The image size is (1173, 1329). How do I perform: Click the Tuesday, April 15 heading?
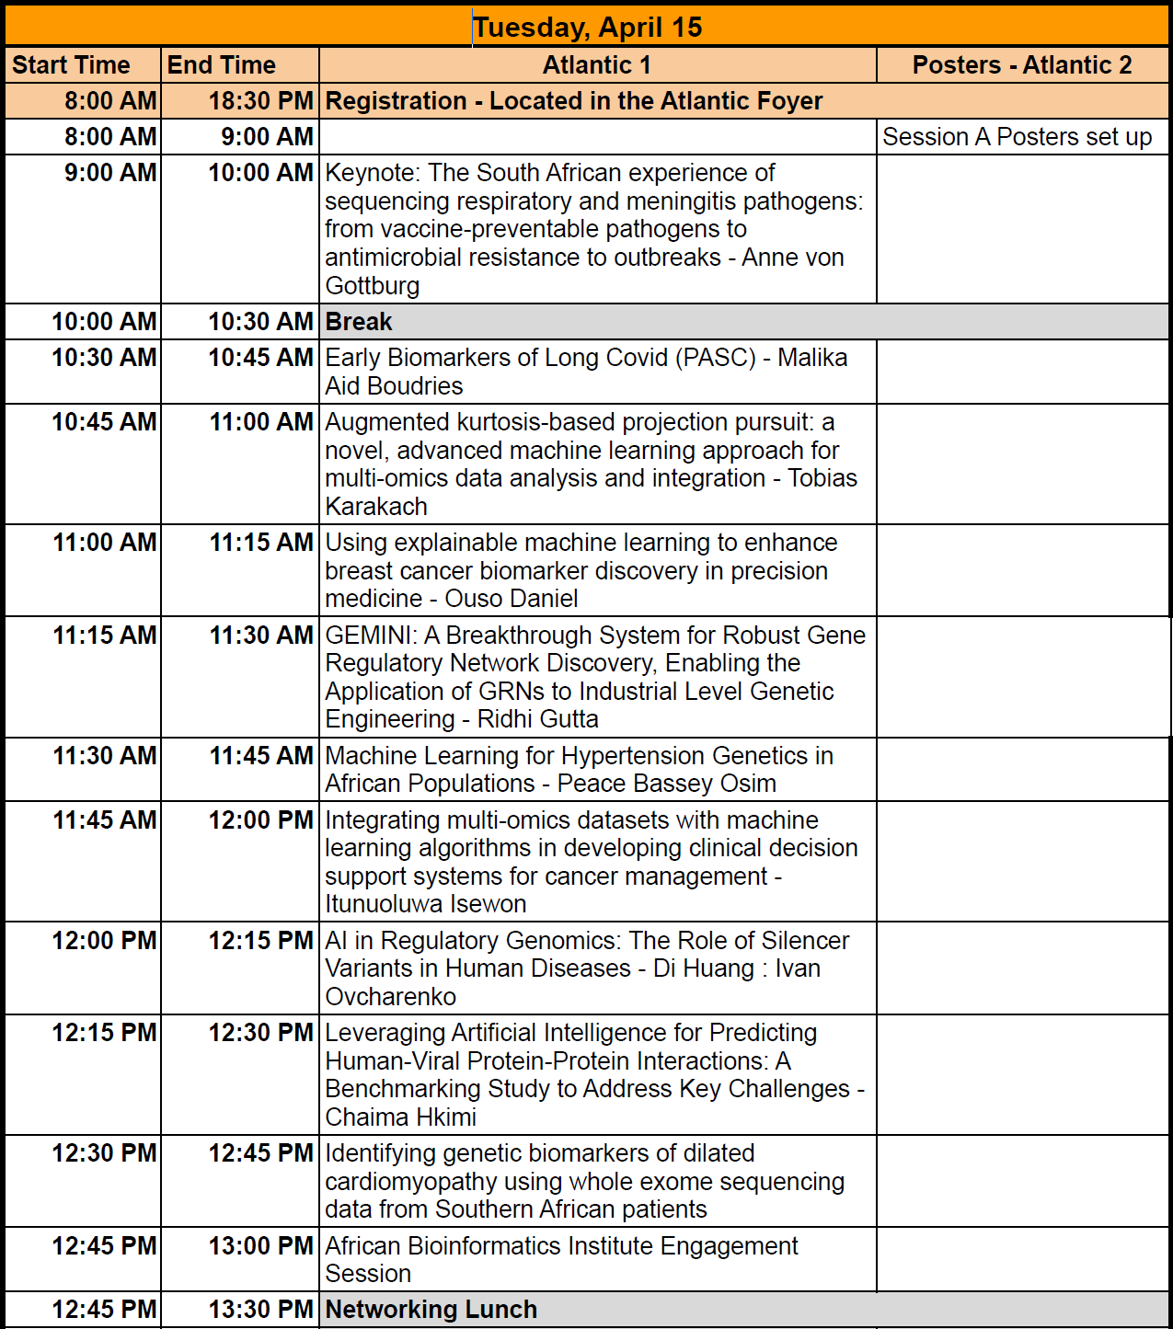(587, 28)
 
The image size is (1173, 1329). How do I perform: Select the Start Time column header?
(71, 65)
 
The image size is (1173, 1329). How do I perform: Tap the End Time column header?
(222, 65)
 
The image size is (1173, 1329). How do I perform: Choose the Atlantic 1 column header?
(597, 65)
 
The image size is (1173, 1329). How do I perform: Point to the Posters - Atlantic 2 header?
(1022, 65)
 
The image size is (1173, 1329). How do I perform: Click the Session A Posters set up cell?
(1017, 137)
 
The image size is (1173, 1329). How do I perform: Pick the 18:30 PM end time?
(261, 101)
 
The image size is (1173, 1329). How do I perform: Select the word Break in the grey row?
(359, 322)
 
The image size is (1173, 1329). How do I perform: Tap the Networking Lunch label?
(431, 1310)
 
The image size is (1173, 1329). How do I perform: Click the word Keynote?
(372, 173)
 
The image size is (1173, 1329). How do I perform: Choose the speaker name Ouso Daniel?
(512, 599)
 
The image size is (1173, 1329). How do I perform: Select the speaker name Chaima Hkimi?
(401, 1117)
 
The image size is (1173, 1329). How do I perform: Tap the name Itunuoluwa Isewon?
(426, 904)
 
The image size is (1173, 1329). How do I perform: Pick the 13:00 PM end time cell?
(261, 1246)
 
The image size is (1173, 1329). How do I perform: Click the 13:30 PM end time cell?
(261, 1310)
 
